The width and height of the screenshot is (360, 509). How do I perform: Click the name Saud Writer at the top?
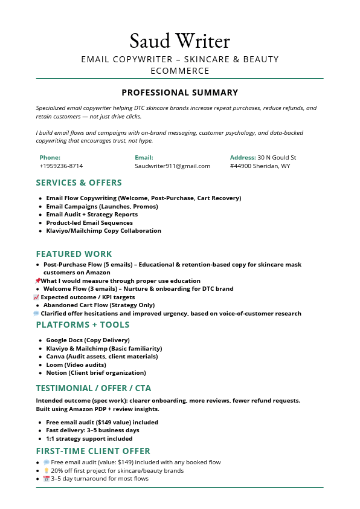coord(179,41)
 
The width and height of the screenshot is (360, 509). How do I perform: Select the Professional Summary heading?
coord(179,92)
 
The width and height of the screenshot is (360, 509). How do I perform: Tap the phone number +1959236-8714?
coord(61,166)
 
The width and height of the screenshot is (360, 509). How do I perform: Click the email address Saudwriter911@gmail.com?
coord(172,166)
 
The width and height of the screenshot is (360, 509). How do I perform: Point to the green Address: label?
coord(243,157)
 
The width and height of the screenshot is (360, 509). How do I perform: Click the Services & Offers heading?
coord(79,183)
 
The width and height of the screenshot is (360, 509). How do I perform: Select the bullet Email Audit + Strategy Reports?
coord(92,215)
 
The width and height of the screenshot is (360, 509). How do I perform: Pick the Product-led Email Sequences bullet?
coord(89,222)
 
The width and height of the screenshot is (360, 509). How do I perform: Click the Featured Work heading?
coord(74,254)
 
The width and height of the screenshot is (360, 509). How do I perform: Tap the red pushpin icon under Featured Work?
coord(37,280)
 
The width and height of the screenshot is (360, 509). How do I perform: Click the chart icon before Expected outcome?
coord(36,297)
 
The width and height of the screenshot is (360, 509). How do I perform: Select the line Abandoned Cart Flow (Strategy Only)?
coord(99,305)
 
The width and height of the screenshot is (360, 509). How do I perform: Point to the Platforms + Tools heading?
coord(82,325)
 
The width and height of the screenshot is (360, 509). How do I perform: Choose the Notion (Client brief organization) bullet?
coord(96,372)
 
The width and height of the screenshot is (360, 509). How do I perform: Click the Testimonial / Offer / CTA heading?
coord(93,388)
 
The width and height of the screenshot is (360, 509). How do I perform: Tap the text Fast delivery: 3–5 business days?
coord(92,430)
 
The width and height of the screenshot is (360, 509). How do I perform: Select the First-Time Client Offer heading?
coord(93,451)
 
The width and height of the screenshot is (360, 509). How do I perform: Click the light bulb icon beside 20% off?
coord(47,470)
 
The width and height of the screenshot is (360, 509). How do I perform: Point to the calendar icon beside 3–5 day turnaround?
coord(47,479)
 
